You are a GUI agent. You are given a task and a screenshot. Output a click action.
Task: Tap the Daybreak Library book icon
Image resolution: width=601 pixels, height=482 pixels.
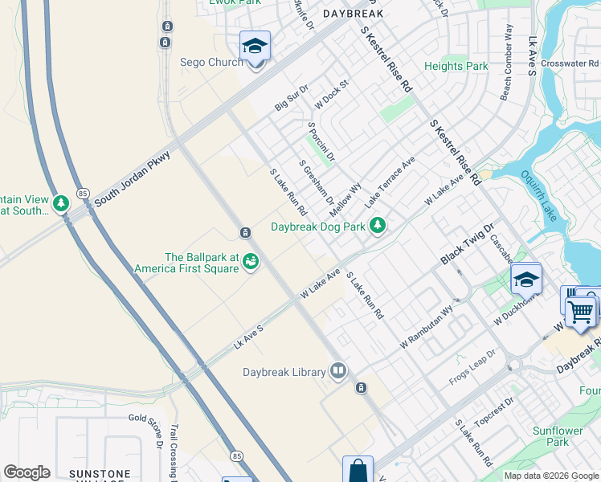pyautogui.click(x=339, y=371)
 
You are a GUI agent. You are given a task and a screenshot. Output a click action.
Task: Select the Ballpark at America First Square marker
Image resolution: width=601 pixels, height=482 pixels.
pyautogui.click(x=251, y=261)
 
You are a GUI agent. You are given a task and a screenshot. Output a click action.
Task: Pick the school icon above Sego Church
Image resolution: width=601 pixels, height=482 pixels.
pyautogui.click(x=255, y=47)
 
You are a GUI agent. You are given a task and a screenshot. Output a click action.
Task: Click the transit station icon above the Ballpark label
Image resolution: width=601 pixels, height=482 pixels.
pyautogui.click(x=244, y=233)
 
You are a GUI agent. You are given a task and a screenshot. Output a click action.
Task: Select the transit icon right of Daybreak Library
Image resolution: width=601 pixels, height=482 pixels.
pyautogui.click(x=361, y=388)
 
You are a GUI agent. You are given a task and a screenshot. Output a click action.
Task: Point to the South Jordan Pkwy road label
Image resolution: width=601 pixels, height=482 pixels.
pyautogui.click(x=133, y=178)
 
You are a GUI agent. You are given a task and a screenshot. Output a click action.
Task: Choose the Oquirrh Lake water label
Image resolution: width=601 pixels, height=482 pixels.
pyautogui.click(x=538, y=196)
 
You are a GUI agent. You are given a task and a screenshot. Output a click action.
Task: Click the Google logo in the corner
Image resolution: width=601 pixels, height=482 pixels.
pyautogui.click(x=27, y=472)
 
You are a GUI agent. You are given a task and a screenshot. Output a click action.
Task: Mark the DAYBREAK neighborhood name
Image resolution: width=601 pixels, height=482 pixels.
pyautogui.click(x=353, y=14)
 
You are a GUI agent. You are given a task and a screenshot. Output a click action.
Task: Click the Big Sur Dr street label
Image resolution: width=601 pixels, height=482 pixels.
pyautogui.click(x=291, y=97)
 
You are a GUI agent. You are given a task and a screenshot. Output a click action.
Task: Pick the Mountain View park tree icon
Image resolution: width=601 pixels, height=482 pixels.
pyautogui.click(x=61, y=204)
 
